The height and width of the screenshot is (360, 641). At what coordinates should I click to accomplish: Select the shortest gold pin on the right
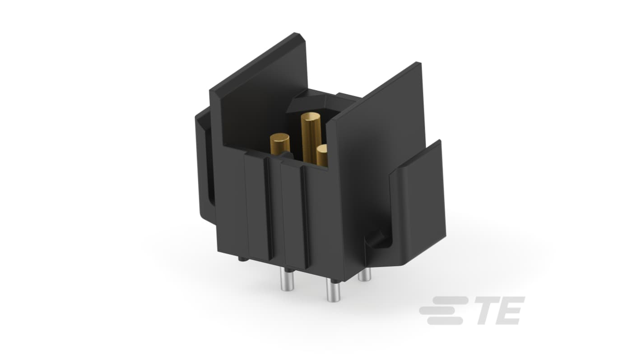(x=322, y=156)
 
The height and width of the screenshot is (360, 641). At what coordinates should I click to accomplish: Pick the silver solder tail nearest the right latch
(x=365, y=274)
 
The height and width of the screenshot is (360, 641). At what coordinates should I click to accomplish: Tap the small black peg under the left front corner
(x=242, y=259)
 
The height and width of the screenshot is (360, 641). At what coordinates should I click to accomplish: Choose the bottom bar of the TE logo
(x=445, y=321)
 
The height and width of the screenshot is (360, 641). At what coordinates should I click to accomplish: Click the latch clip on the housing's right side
(x=418, y=203)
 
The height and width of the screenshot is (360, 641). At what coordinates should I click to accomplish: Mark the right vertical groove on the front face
(x=304, y=217)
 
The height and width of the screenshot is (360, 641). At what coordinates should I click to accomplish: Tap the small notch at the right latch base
(x=376, y=239)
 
